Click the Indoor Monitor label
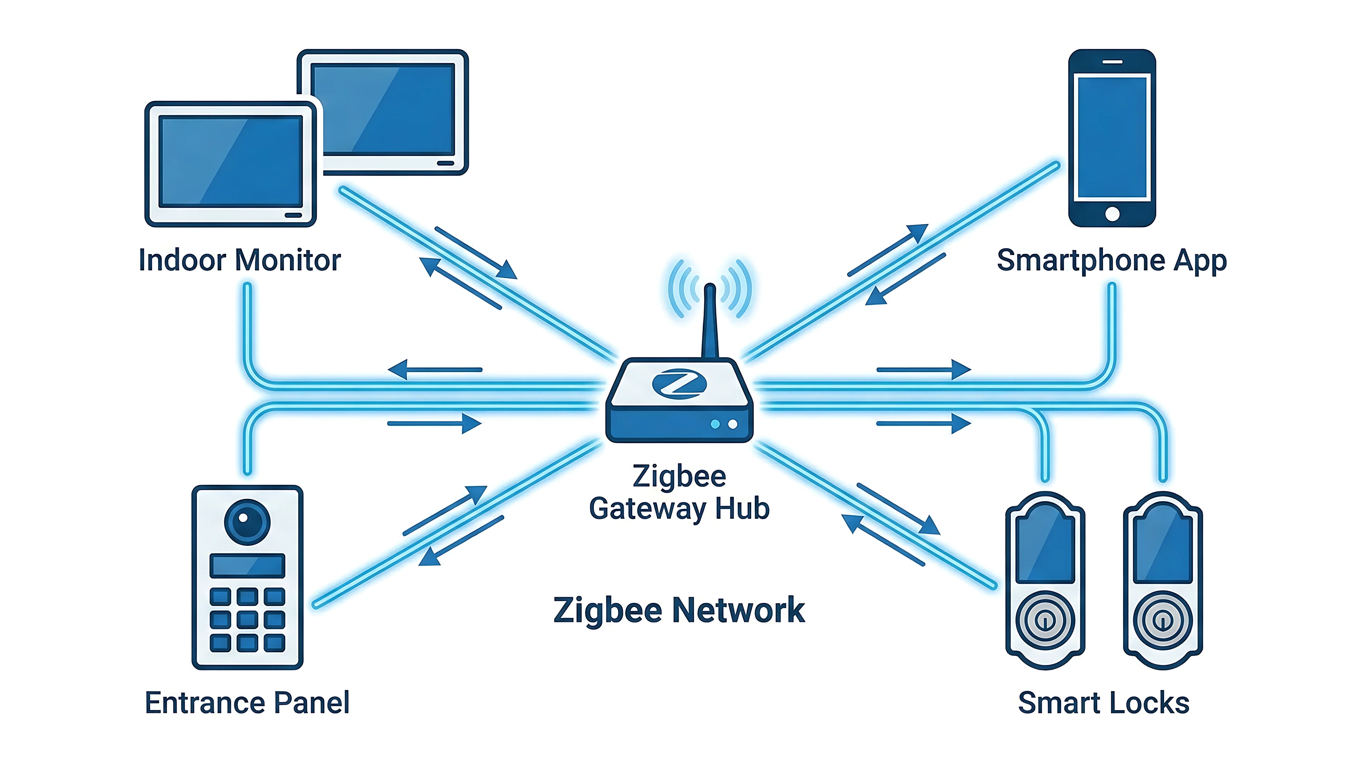pyautogui.click(x=240, y=260)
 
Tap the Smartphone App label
pyautogui.click(x=1112, y=260)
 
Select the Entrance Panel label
pyautogui.click(x=247, y=703)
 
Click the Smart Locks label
pyautogui.click(x=1104, y=703)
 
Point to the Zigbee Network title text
pyautogui.click(x=679, y=610)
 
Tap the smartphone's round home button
pyautogui.click(x=1112, y=214)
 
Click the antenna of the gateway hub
pyautogui.click(x=710, y=322)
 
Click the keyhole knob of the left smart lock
pyautogui.click(x=1045, y=620)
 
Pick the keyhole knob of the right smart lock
pyautogui.click(x=1163, y=620)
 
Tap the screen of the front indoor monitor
pyautogui.click(x=231, y=161)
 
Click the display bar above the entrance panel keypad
pyautogui.click(x=247, y=566)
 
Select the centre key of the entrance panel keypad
pyautogui.click(x=247, y=620)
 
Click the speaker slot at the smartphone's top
pyautogui.click(x=1112, y=62)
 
